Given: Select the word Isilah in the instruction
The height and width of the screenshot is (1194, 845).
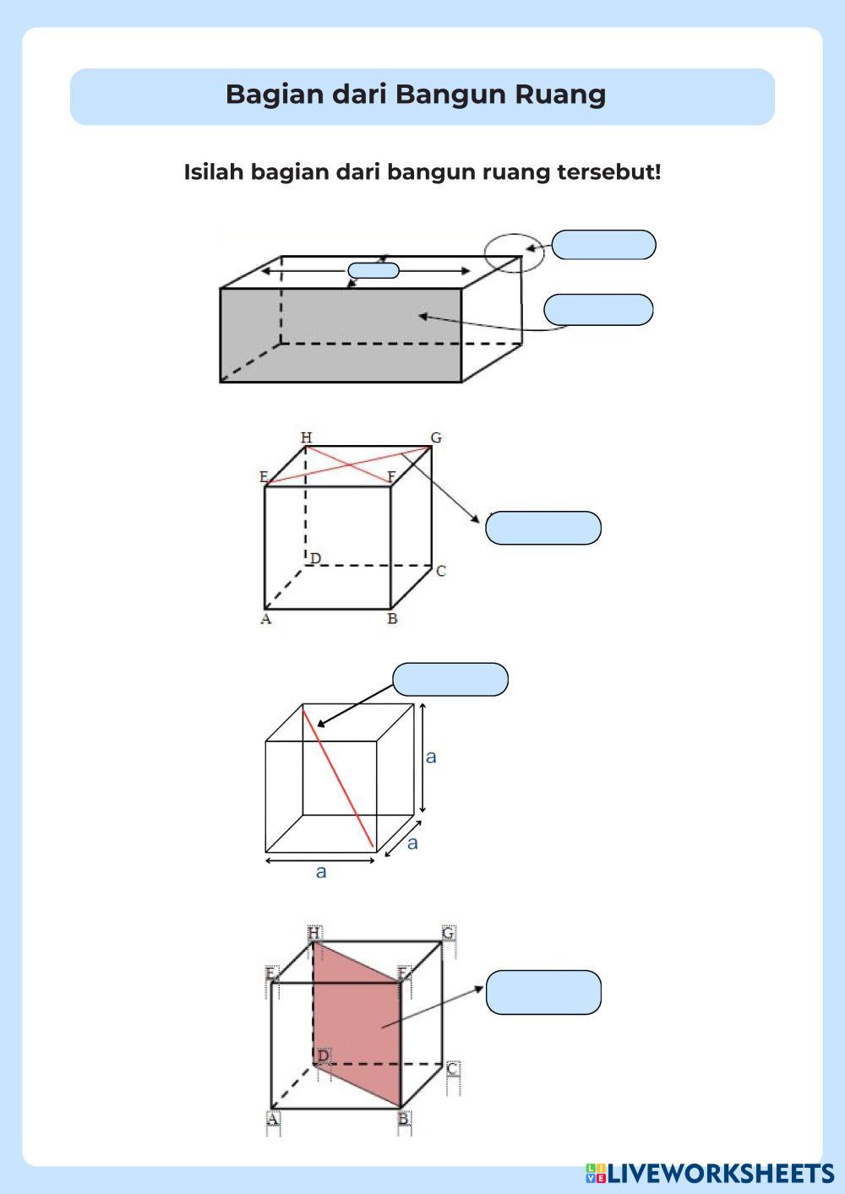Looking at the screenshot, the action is [214, 172].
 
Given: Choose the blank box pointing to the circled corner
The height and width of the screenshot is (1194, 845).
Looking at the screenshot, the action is [603, 245].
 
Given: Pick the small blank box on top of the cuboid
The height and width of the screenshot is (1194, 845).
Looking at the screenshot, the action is [373, 270].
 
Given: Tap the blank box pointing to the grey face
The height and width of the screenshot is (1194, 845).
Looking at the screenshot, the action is [598, 310].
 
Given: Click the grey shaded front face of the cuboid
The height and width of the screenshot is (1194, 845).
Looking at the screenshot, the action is [341, 335].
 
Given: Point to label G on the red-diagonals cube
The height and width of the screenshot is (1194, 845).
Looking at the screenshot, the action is [436, 437].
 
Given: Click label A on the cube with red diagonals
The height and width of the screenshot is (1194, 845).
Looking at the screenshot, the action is [265, 619].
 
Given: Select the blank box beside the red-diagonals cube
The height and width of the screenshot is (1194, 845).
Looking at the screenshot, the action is [543, 528].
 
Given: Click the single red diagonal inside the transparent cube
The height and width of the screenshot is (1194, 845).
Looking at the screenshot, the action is [338, 778].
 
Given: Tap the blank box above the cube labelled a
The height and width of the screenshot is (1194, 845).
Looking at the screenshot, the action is [450, 679].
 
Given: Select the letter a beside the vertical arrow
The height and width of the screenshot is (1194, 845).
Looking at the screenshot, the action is [431, 757].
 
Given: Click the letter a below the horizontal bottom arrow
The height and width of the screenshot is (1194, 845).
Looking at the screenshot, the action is [321, 872].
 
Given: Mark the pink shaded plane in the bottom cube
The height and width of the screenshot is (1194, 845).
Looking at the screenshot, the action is [357, 1025].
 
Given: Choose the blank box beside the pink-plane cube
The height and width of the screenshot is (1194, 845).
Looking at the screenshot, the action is [543, 992].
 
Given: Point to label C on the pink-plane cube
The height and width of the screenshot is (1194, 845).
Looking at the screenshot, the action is [452, 1069].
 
